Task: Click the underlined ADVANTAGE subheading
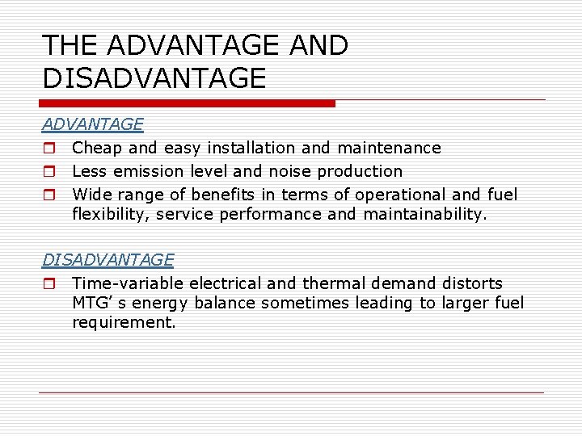click(x=93, y=124)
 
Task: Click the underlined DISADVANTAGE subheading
click(x=108, y=260)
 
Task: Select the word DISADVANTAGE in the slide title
click(x=154, y=78)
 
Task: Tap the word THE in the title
click(x=70, y=45)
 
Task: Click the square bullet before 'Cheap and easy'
click(x=48, y=149)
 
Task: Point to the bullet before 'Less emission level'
click(x=48, y=172)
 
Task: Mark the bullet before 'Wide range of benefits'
click(x=48, y=195)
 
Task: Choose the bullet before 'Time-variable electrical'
click(x=48, y=284)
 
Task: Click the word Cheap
click(x=98, y=148)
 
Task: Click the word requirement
click(x=123, y=322)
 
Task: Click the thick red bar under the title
click(x=188, y=103)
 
